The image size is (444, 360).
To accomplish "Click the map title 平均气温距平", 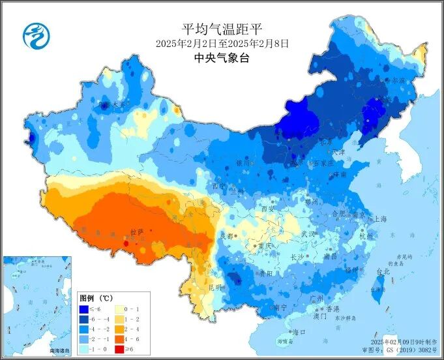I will click(x=222, y=29).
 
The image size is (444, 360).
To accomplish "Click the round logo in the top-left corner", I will click(x=36, y=35).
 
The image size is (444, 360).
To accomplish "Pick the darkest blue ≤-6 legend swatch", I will click(x=84, y=308).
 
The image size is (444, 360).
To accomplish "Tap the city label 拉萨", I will click(x=136, y=232).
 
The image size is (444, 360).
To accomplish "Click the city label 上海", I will click(x=381, y=219).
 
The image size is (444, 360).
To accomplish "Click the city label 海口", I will click(x=299, y=332).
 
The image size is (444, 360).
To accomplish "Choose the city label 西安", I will click(x=268, y=209).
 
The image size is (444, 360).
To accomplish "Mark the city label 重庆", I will click(x=264, y=246).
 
